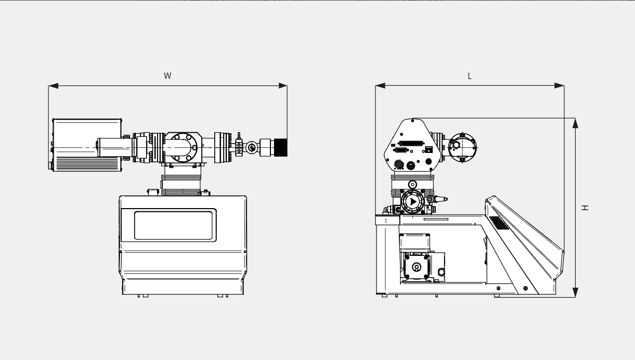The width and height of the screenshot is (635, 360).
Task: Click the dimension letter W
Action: click(167, 75)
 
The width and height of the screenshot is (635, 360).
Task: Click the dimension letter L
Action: click(470, 76)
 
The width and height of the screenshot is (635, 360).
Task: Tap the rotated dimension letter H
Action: click(585, 208)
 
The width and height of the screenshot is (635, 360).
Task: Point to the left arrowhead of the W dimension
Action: click(53, 86)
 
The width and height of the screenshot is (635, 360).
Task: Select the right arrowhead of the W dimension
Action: click(282, 86)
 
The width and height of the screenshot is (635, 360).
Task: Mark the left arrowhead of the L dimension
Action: click(381, 86)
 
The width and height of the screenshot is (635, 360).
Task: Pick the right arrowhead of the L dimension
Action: click(559, 86)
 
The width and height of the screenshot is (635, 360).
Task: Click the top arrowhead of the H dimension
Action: click(575, 123)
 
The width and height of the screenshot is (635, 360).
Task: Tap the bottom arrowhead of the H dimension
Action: click(575, 292)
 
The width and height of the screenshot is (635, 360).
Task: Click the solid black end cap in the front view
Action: click(281, 147)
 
